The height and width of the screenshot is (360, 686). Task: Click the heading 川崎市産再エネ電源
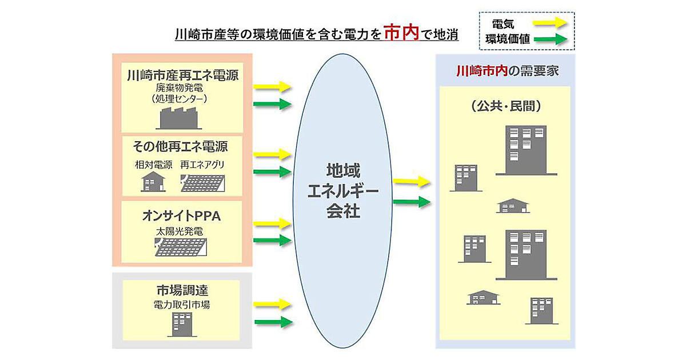[x=182, y=75]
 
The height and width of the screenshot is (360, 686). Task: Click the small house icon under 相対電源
[x=153, y=182]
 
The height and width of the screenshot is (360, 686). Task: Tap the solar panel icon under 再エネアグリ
[x=202, y=183]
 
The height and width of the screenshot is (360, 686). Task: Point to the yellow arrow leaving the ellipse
[x=412, y=182]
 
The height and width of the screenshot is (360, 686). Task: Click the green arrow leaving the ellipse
[x=412, y=201]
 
